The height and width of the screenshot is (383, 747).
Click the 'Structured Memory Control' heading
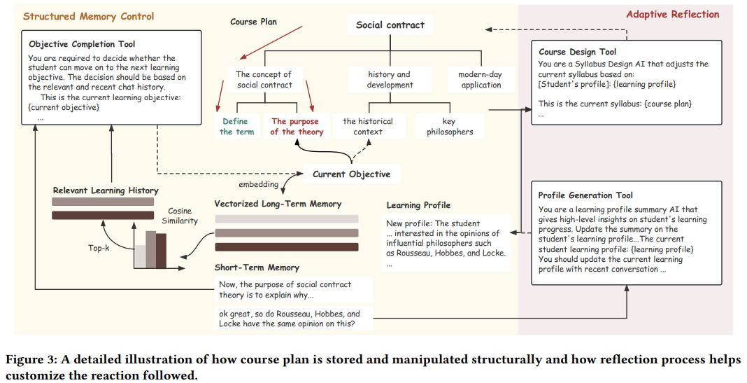click(x=89, y=16)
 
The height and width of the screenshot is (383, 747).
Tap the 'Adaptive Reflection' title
click(x=672, y=14)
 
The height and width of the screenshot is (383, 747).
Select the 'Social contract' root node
click(x=390, y=25)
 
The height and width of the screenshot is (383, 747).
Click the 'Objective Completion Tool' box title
click(x=82, y=44)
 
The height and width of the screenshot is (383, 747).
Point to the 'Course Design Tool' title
click(x=577, y=52)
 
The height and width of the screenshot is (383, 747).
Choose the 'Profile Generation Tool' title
click(x=587, y=195)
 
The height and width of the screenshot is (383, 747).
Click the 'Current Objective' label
click(x=351, y=174)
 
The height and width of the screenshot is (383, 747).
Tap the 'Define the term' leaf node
click(x=236, y=126)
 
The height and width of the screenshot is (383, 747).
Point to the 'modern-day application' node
click(x=481, y=79)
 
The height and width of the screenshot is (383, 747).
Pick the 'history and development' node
click(x=390, y=79)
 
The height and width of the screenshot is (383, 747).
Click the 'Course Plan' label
click(x=253, y=22)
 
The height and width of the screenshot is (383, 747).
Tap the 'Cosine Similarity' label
click(x=183, y=216)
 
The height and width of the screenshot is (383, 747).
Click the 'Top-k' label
click(x=100, y=248)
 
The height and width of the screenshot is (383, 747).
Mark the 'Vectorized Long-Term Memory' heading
click(x=278, y=204)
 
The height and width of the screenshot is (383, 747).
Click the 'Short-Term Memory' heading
click(x=257, y=267)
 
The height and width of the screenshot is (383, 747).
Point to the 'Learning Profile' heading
click(x=418, y=205)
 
